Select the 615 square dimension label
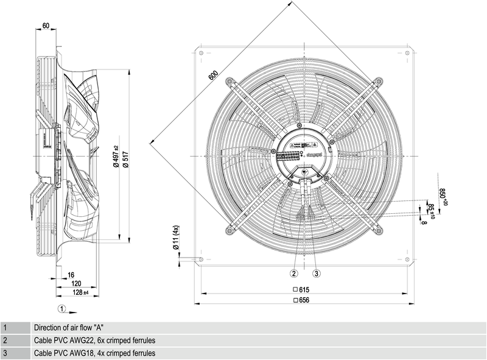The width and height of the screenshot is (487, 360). click(x=303, y=291)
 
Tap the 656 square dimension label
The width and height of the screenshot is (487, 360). click(x=303, y=300)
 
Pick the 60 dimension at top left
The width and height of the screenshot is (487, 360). click(x=46, y=26)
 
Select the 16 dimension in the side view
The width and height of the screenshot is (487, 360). click(x=71, y=275)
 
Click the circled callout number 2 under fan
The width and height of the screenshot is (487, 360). click(x=293, y=273)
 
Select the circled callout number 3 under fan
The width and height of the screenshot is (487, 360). click(x=317, y=273)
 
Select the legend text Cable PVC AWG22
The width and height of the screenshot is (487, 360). click(x=94, y=340)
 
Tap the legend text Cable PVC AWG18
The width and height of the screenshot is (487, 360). click(x=94, y=353)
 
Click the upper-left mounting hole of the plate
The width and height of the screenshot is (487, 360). click(x=198, y=54)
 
